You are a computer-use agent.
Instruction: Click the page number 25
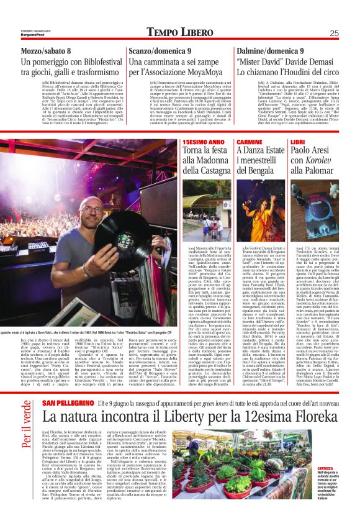[334, 34]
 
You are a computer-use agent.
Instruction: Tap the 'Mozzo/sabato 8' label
[47, 51]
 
